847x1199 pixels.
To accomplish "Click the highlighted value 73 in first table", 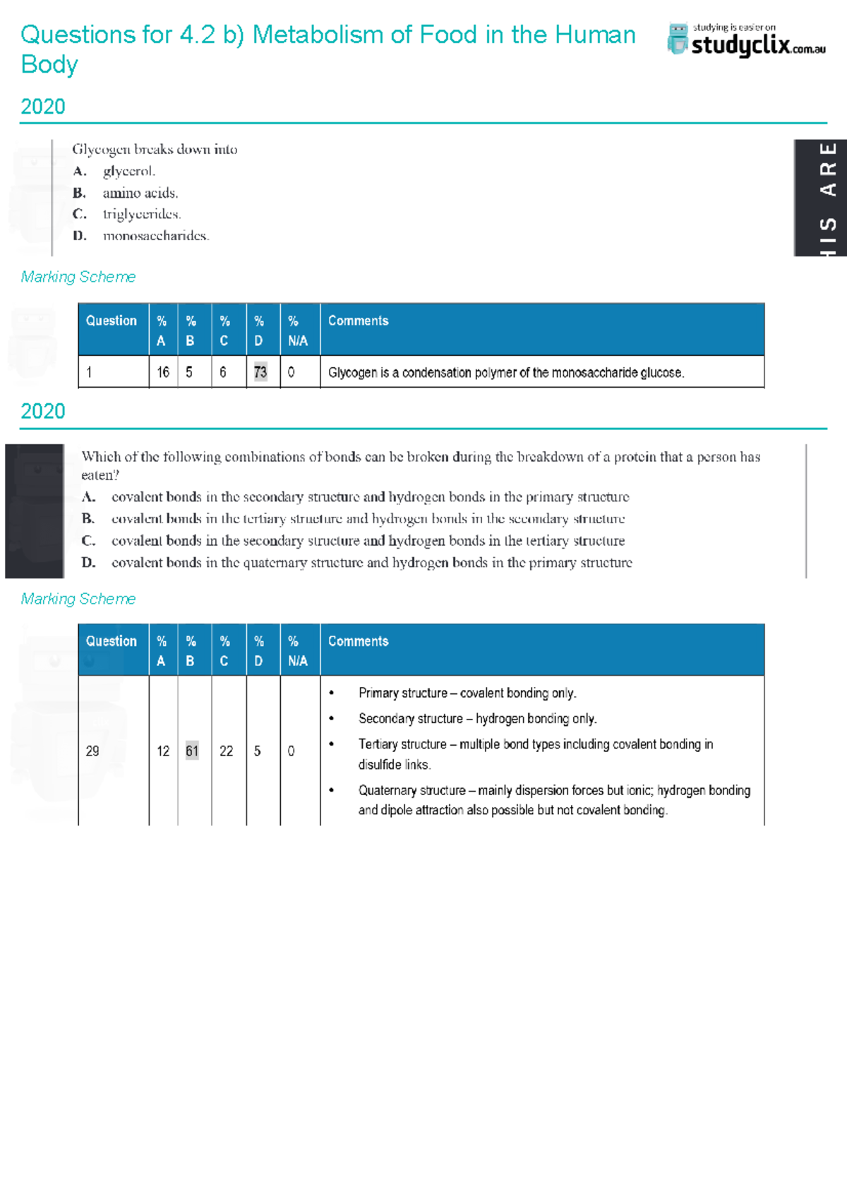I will pos(260,372).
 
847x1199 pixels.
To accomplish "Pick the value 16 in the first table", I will pos(163,372).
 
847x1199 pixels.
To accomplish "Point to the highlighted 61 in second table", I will pos(192,751).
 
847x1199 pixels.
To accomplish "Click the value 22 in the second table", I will pos(226,751).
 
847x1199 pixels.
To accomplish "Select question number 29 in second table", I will pos(92,751).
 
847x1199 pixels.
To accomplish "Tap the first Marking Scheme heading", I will pos(78,277).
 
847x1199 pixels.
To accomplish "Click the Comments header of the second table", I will pos(358,641).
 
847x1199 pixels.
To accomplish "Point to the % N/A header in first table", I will pos(297,330).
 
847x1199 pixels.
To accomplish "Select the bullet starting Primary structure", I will pos(467,693).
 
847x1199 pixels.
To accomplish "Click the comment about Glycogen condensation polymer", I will pos(505,372).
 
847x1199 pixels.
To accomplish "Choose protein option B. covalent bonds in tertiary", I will pos(367,519).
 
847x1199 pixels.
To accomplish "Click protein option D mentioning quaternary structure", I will pos(371,563).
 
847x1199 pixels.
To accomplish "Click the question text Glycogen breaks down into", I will pos(155,149).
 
